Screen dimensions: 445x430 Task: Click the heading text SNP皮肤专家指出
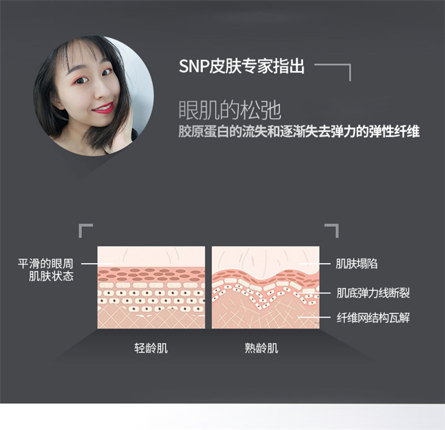point(241,65)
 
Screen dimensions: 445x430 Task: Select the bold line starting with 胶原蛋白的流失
point(299,131)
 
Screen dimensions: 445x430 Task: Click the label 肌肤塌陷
point(357,264)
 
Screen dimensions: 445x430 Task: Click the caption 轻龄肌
point(151,348)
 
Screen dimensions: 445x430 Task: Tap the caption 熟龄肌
point(261,348)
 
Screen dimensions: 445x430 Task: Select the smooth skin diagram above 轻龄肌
point(151,287)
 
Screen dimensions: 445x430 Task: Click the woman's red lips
point(103,108)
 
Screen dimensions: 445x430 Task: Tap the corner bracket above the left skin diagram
point(85,229)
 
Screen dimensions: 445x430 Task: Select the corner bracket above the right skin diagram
point(333,229)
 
